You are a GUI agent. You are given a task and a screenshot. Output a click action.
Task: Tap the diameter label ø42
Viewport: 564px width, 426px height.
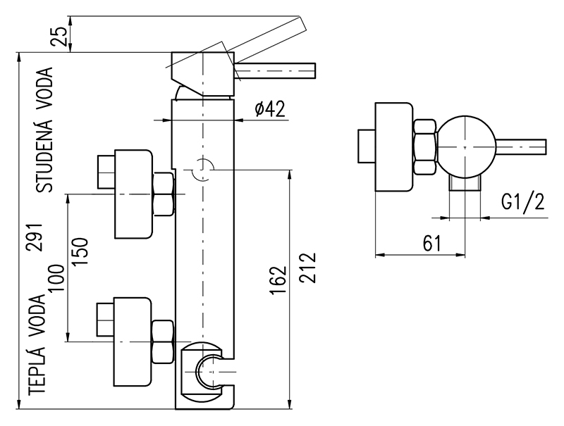click(x=269, y=109)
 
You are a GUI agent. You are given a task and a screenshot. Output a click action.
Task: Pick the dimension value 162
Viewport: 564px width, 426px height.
click(x=279, y=280)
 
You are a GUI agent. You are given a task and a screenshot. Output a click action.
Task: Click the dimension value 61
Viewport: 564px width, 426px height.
click(x=431, y=244)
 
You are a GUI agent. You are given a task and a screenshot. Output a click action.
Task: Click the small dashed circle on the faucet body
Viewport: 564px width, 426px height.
click(x=203, y=169)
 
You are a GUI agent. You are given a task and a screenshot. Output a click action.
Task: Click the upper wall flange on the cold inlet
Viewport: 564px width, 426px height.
click(x=133, y=193)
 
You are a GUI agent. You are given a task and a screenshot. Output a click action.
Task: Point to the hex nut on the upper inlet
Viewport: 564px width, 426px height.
click(x=163, y=194)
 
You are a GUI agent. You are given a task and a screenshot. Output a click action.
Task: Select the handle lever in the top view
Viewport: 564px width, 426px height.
click(x=522, y=146)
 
